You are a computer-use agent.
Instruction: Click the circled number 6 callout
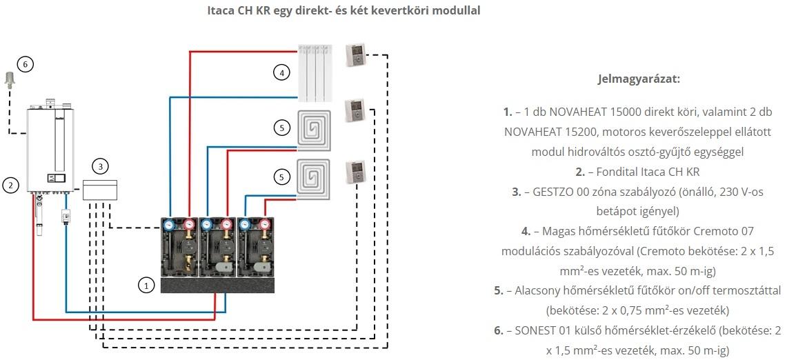pos(25,64)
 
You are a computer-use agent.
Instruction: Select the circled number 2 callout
pos(10,185)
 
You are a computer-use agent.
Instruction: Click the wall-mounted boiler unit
pos(50,146)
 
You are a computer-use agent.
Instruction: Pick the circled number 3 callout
pos(101,166)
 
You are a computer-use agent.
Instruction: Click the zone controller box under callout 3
pos(100,190)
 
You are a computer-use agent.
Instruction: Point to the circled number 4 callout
pos(282,73)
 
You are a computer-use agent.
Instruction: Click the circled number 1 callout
pos(146,286)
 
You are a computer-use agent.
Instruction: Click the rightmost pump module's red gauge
pos(264,224)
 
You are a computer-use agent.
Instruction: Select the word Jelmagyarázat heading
pos(639,79)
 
